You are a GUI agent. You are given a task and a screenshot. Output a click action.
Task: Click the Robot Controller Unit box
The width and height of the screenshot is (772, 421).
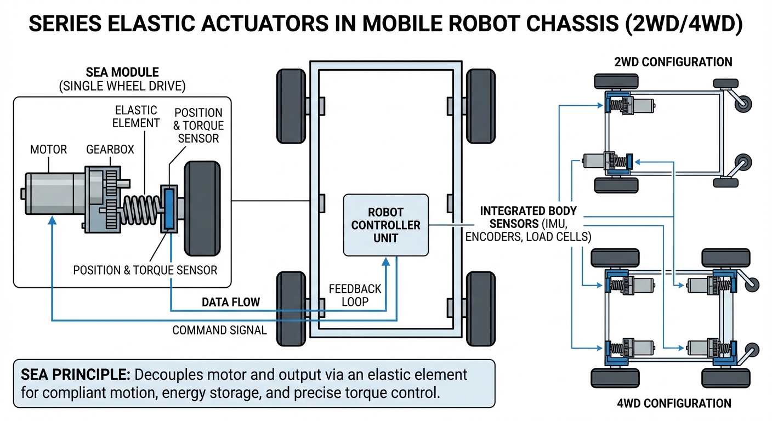[x=385, y=225]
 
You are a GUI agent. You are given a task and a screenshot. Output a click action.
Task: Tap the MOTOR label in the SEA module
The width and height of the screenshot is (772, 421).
[x=48, y=149]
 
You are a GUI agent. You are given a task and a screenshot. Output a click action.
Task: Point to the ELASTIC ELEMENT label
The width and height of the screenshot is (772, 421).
[x=135, y=116]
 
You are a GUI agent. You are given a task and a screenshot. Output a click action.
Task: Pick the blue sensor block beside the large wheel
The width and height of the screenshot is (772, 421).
[x=168, y=208]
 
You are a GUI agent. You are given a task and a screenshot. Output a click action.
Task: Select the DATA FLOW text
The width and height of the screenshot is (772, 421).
[x=231, y=302]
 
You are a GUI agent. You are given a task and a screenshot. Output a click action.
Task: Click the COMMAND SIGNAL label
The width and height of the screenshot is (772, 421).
[x=219, y=330]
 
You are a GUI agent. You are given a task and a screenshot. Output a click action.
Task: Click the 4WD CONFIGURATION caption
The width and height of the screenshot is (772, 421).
[x=673, y=403]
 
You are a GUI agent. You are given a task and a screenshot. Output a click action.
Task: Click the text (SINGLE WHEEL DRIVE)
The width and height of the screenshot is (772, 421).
[x=122, y=86]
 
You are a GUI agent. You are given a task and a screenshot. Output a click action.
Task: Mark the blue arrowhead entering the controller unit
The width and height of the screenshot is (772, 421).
[x=385, y=261]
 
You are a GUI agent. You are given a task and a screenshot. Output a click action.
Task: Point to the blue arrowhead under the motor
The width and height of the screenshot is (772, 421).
[x=52, y=219]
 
